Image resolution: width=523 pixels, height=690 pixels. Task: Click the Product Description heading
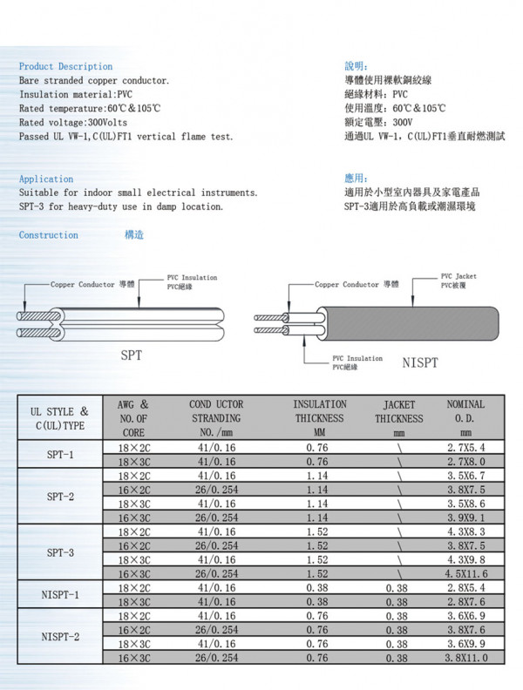coord(65,66)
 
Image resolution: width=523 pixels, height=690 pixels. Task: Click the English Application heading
coord(46,179)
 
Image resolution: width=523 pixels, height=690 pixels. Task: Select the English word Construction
coord(48,235)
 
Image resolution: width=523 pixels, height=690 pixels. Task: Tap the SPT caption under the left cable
coord(131,355)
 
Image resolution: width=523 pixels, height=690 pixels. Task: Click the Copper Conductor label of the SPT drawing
coord(83,284)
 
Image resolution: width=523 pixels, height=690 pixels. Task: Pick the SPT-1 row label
coord(59,455)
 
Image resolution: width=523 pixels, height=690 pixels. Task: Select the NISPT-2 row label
coord(59,636)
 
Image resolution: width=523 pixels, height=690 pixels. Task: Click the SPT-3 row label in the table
coord(59,552)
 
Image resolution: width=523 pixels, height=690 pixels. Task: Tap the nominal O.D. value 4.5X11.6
coord(465,574)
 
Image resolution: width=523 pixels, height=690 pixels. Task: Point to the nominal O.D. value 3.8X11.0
coord(465,658)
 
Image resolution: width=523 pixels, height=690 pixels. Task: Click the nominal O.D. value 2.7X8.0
coord(465,461)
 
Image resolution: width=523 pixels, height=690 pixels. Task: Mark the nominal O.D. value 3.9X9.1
coord(465,517)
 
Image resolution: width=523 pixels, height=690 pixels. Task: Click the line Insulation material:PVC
coord(76,94)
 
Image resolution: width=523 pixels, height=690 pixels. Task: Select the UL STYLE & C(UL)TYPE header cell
coord(59,418)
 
